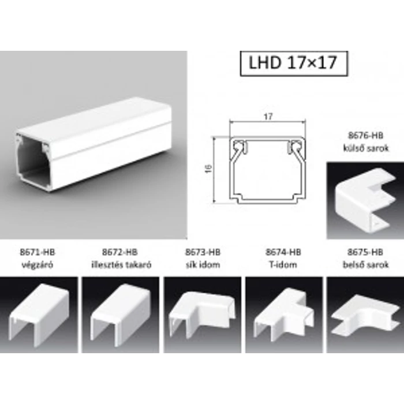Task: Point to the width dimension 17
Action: (267, 117)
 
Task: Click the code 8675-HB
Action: (366, 252)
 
